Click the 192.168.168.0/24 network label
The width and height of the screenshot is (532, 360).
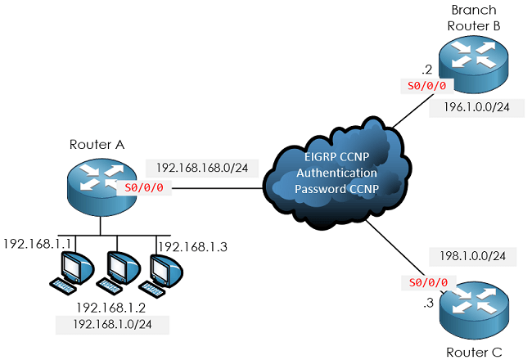point(202,168)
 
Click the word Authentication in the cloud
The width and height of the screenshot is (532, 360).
point(336,173)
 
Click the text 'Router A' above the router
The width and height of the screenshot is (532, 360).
point(97,144)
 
